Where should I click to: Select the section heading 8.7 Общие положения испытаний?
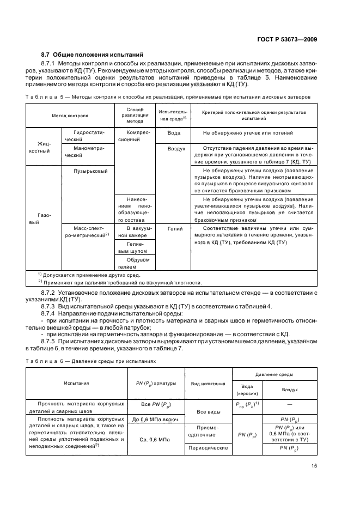tap(92, 55)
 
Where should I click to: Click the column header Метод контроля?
tap(70, 116)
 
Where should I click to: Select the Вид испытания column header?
tap(209, 384)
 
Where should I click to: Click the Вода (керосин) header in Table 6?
tap(247, 389)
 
